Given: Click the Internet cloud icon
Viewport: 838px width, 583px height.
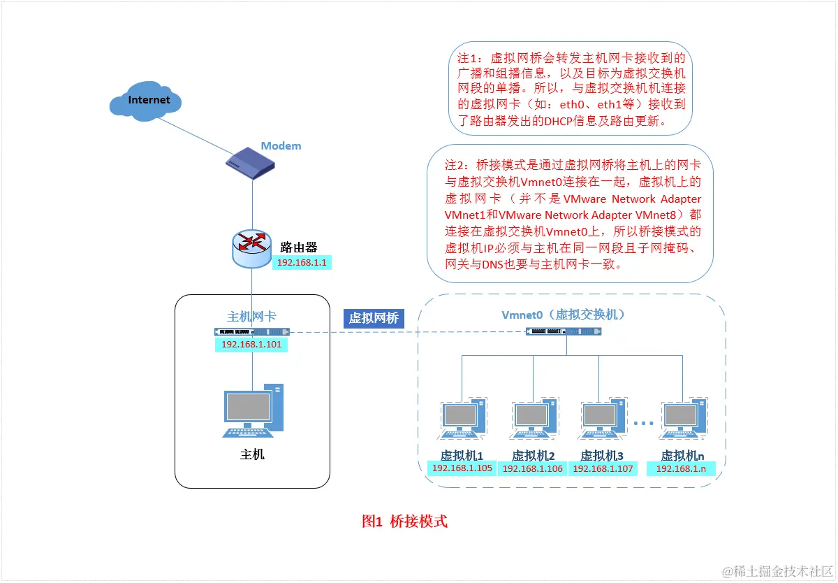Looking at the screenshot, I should [x=146, y=101].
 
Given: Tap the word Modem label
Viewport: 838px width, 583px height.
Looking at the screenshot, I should [x=281, y=146].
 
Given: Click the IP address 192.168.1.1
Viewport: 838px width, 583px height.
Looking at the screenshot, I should [x=303, y=263].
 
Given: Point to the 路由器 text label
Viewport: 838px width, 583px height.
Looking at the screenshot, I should [x=299, y=247].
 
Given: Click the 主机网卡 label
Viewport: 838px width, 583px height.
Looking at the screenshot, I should [x=251, y=317].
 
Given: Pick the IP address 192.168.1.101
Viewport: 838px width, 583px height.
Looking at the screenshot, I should [x=251, y=345].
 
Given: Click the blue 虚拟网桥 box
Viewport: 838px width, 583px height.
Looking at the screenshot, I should [x=374, y=318].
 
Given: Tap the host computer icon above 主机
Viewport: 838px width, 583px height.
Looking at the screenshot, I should [x=253, y=411].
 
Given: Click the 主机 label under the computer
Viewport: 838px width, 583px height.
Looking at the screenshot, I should [x=252, y=454].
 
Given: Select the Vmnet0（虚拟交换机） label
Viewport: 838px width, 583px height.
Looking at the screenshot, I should [x=563, y=315].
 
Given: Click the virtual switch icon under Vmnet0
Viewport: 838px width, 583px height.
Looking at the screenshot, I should [x=562, y=331].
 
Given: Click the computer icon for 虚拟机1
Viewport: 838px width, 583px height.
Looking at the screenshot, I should [x=462, y=419].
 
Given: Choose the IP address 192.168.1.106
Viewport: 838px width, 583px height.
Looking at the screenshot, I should [x=532, y=469].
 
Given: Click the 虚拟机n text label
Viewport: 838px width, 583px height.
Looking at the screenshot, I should [x=682, y=455].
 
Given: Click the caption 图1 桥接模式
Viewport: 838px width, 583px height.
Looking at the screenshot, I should [x=404, y=521].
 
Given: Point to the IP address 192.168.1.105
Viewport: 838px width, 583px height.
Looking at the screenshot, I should [x=462, y=468].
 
